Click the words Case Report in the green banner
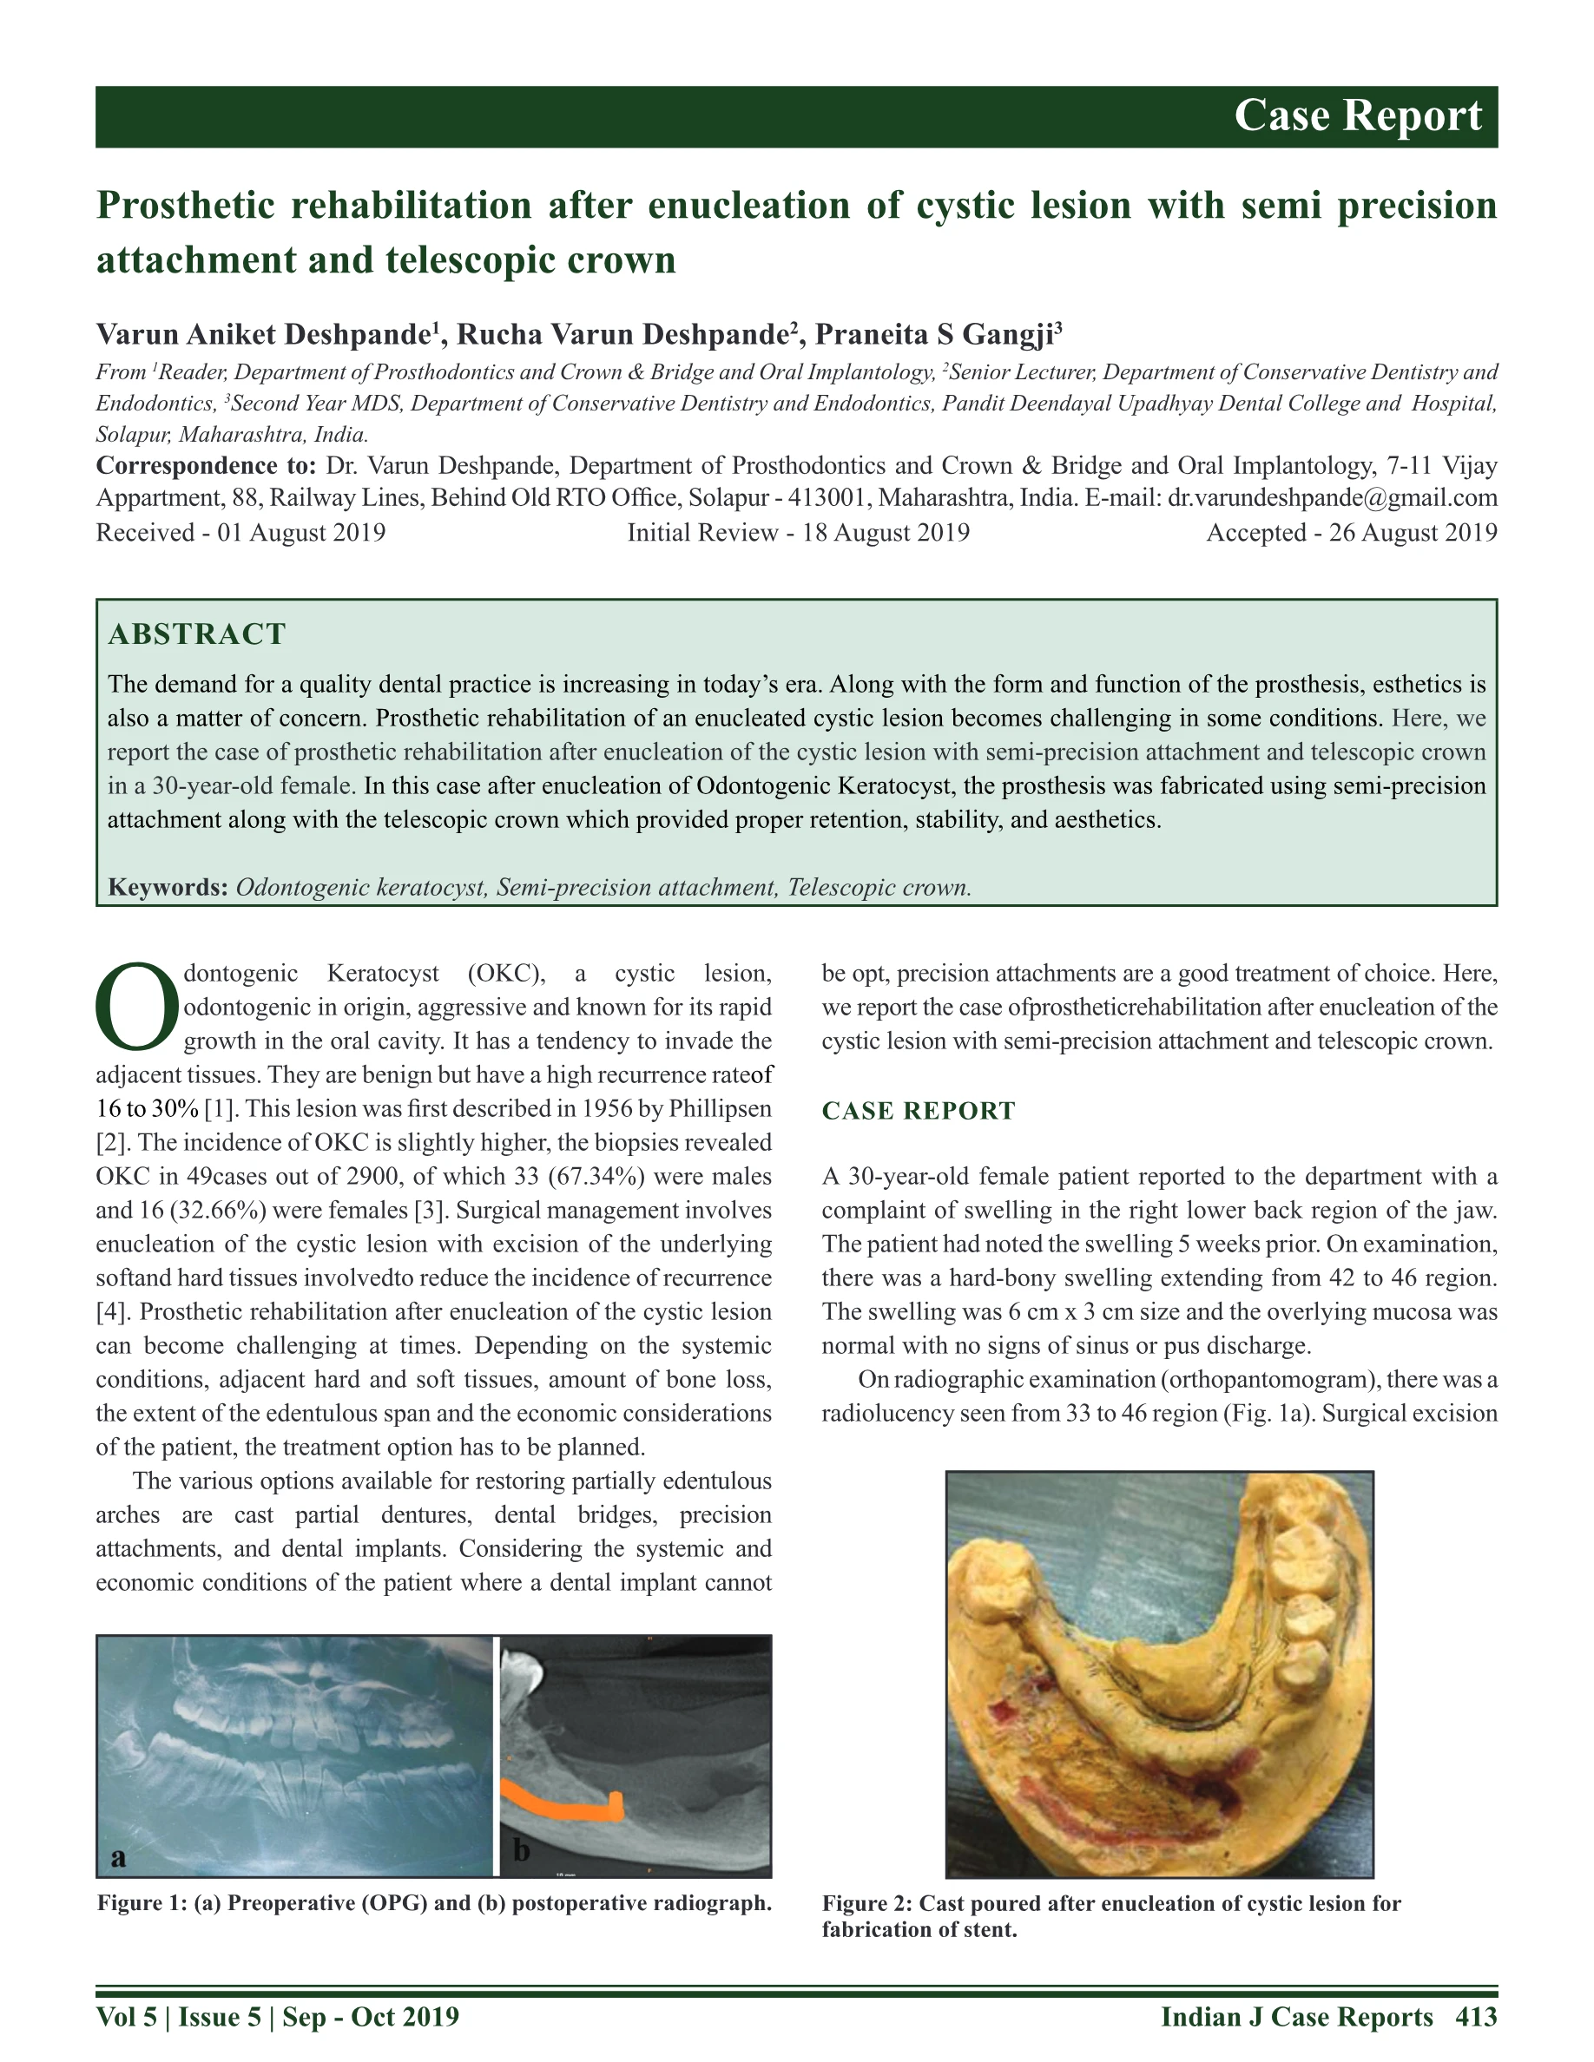pos(1357,116)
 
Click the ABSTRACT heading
pos(196,634)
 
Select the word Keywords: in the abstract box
pos(168,888)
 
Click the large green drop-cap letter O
pos(137,1007)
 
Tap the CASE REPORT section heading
pos(918,1110)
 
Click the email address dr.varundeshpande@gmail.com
pos(1332,497)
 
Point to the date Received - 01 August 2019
pos(240,533)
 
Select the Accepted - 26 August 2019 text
pos(1351,533)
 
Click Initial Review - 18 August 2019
pos(798,533)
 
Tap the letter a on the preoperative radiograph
pos(118,1857)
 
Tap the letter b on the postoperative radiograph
pos(521,1850)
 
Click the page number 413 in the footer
pos(1476,2017)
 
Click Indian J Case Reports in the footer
pos(1296,2017)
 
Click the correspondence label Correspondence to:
pos(206,465)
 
